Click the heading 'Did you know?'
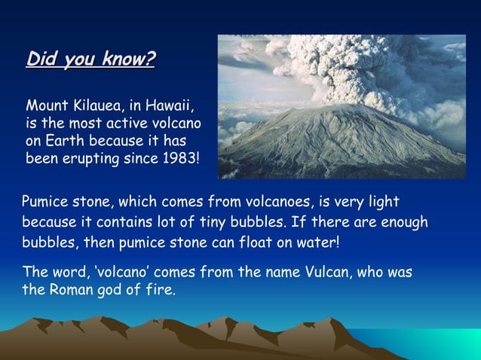pyautogui.click(x=90, y=59)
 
